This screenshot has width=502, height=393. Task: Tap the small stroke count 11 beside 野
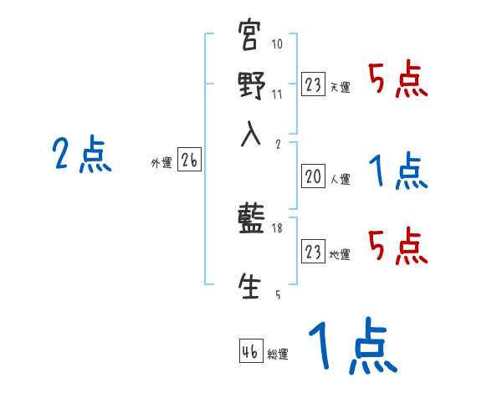pyautogui.click(x=277, y=94)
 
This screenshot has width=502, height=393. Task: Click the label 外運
pyautogui.click(x=161, y=164)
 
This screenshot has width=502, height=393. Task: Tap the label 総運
pyautogui.click(x=278, y=355)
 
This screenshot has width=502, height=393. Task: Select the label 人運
pyautogui.click(x=341, y=179)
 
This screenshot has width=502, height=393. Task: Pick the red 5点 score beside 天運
pyautogui.click(x=398, y=80)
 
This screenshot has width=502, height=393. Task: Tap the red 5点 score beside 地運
pyautogui.click(x=398, y=246)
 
